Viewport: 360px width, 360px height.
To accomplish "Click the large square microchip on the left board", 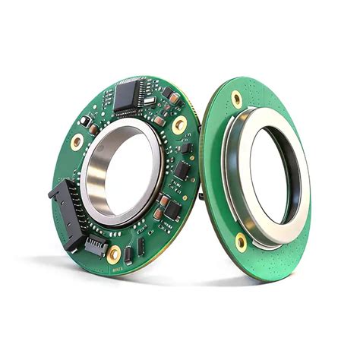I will [x=126, y=94].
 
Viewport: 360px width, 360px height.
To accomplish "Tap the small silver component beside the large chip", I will [x=149, y=100].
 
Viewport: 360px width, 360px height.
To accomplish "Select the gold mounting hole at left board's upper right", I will [x=179, y=125].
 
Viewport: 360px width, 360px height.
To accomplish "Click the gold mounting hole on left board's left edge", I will [x=77, y=142].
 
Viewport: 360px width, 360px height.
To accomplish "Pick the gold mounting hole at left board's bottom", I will [x=114, y=254].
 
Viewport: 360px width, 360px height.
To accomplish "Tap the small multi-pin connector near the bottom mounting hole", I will [x=95, y=245].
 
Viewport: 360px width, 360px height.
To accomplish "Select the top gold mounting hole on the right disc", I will [x=237, y=99].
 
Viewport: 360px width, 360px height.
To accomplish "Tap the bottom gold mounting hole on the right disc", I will [x=241, y=242].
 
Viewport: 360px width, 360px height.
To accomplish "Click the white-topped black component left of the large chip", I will [x=86, y=121].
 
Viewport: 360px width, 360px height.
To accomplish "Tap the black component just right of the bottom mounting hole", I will [x=129, y=253].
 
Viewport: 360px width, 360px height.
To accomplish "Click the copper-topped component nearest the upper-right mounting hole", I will [x=174, y=98].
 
